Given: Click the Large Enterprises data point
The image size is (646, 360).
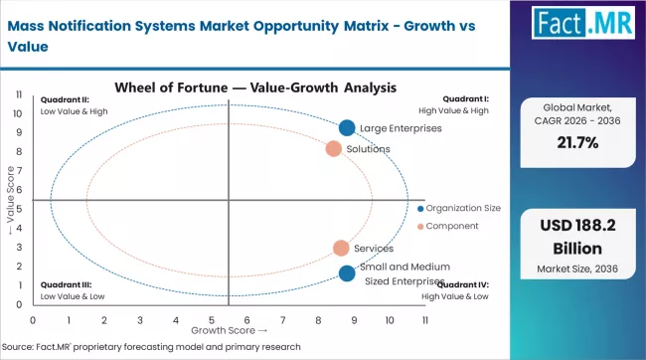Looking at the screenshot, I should tap(346, 127).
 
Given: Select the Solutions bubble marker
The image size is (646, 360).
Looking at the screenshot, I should tap(334, 149).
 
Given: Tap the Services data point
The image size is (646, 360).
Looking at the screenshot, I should tap(341, 249).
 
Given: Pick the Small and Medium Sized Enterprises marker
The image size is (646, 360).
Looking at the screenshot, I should tap(346, 273).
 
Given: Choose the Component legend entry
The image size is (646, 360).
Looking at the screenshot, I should tap(452, 226).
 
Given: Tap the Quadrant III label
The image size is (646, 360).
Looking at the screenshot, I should tap(73, 289).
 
